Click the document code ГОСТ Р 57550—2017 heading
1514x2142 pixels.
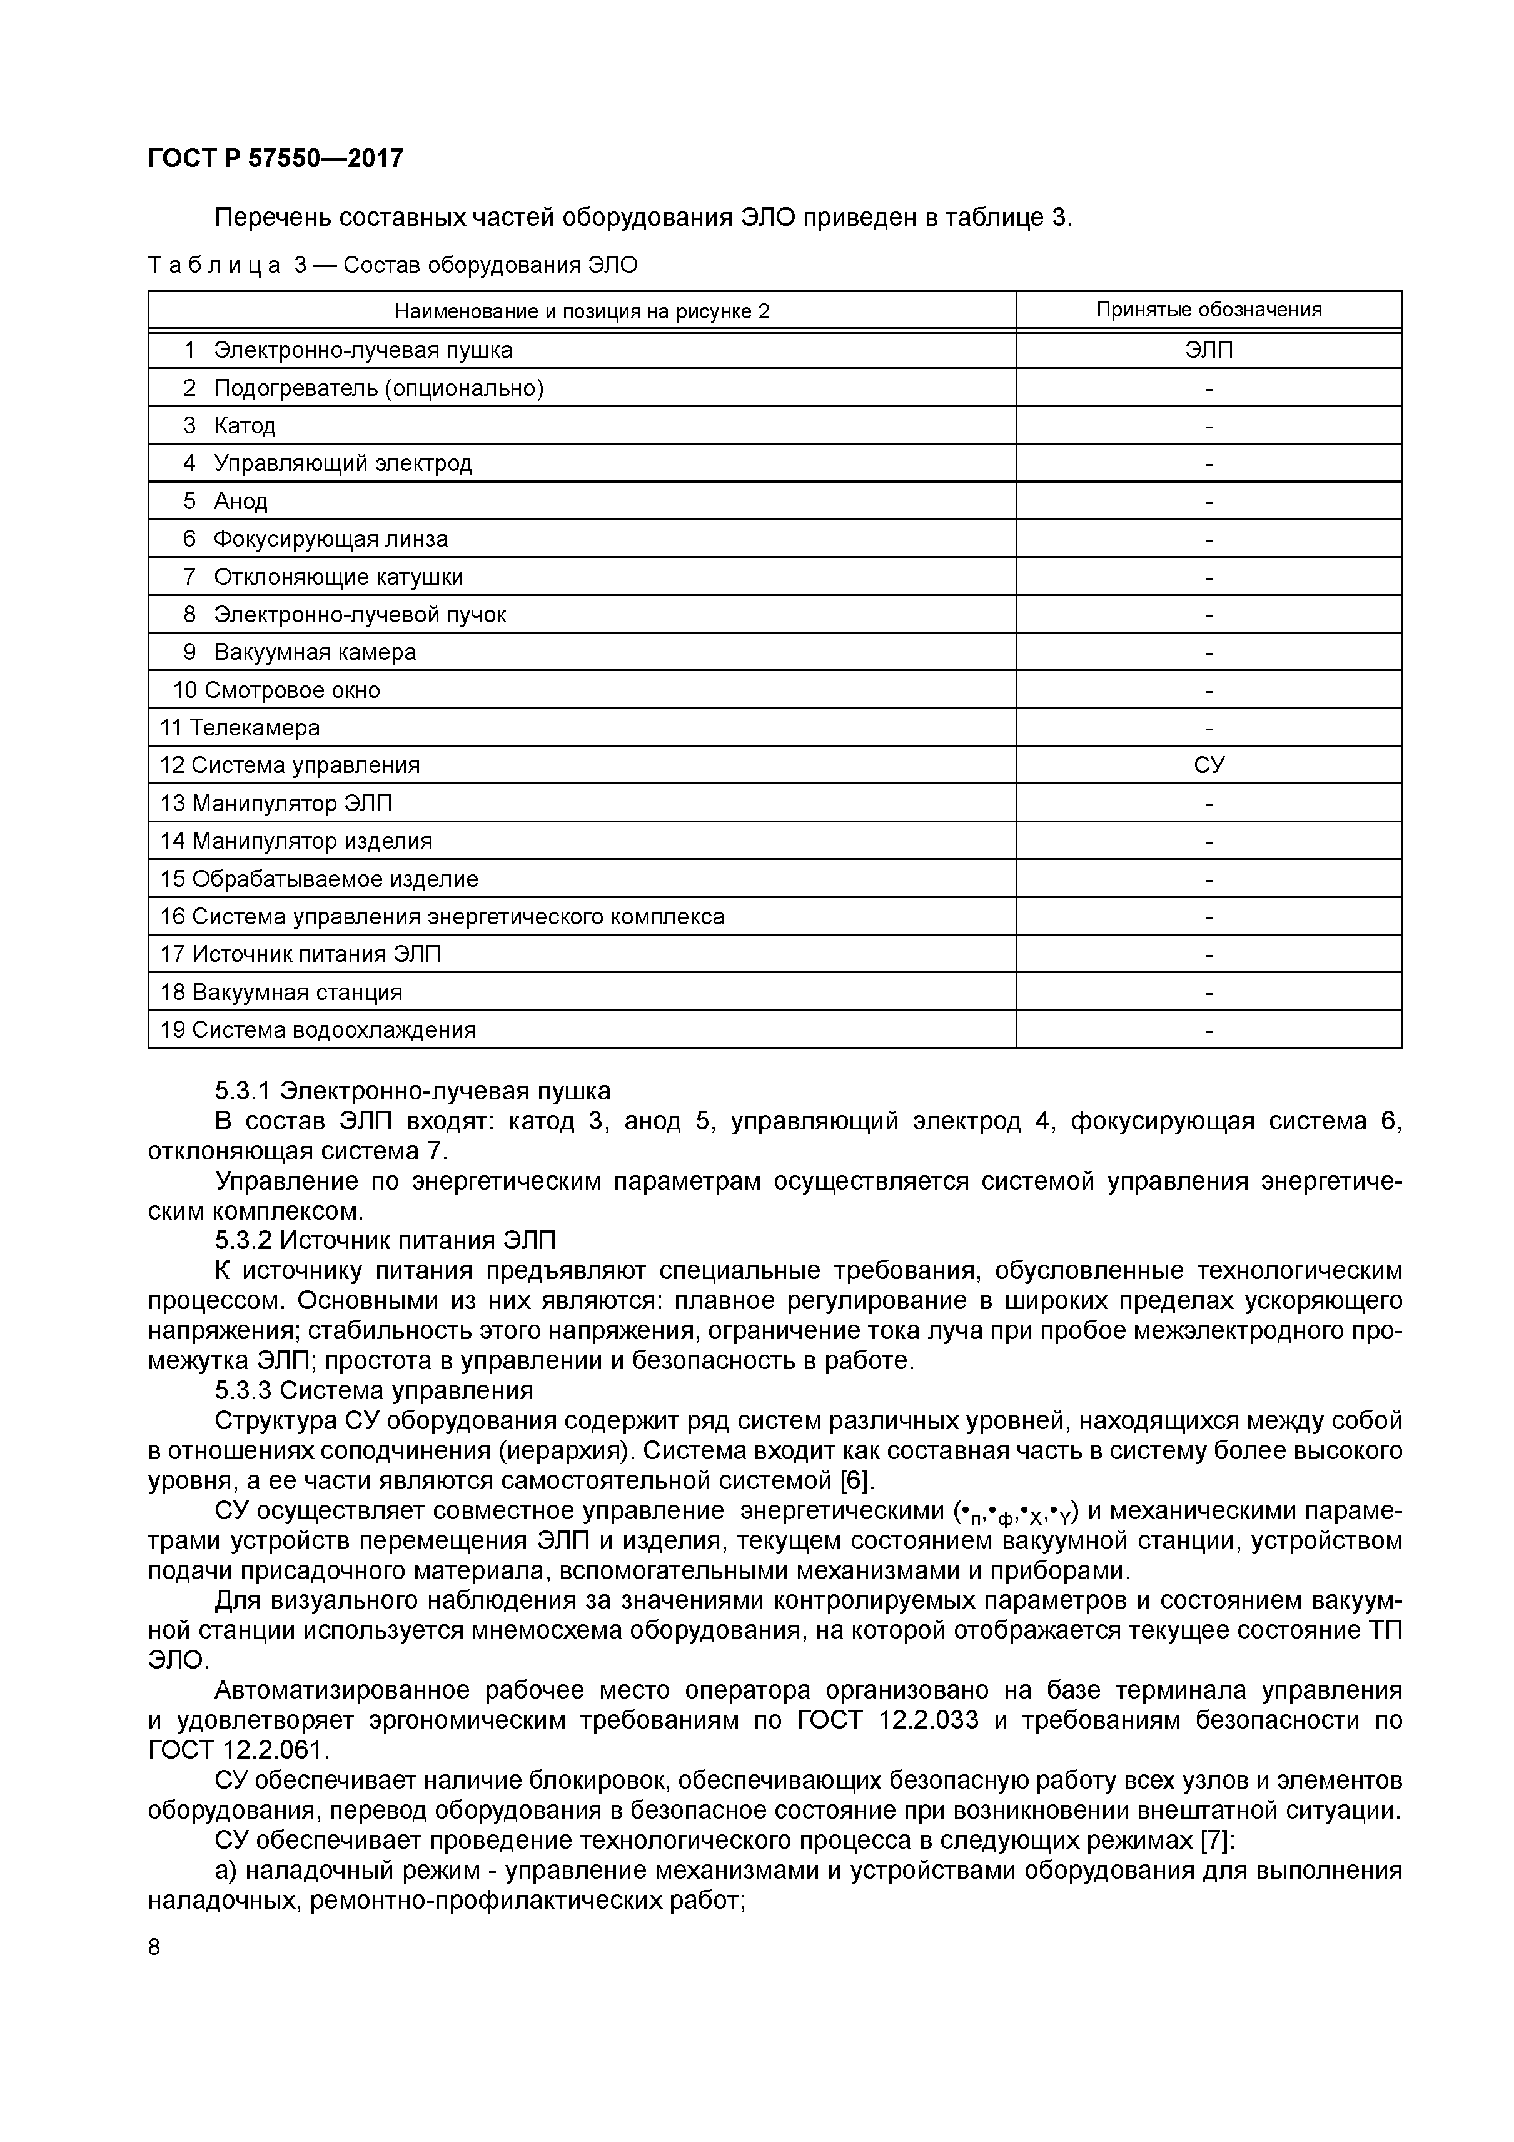275,159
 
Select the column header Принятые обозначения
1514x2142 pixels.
1208,310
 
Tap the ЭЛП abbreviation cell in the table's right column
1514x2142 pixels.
1208,350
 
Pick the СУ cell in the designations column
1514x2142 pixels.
1208,765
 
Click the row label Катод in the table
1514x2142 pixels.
245,425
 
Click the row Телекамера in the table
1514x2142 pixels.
254,728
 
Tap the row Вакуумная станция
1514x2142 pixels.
296,992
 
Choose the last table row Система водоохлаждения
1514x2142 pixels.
333,1030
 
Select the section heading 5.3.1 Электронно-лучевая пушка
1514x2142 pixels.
412,1091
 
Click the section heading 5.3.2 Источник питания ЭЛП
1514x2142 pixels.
385,1241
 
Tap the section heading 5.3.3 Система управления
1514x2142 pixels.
373,1390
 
